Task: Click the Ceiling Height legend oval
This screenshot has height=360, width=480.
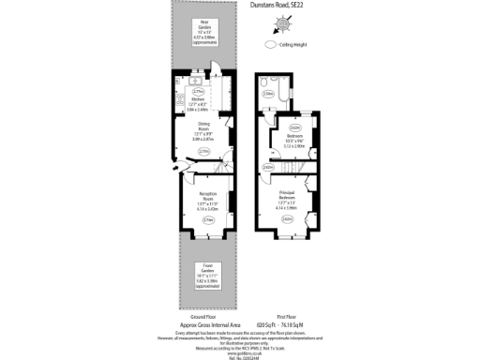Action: coord(271,43)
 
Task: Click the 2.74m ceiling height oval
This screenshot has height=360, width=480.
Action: coord(208,220)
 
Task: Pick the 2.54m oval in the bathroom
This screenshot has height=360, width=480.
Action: coord(268,93)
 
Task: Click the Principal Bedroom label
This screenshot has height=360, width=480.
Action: coord(287,198)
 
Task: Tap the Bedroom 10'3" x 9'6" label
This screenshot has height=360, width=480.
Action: coord(295,142)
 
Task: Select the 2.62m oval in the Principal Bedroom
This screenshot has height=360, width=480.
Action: coord(287,219)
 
